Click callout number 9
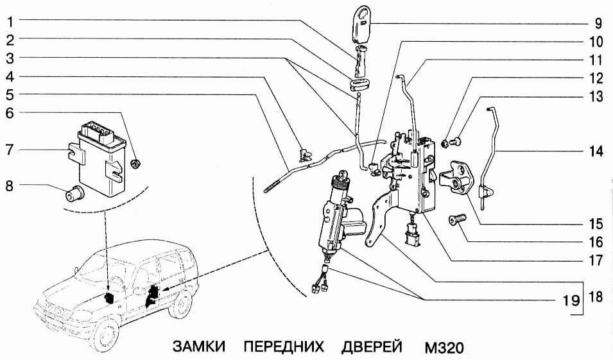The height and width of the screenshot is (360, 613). pyautogui.click(x=598, y=25)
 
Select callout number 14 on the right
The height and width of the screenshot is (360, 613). pyautogui.click(x=596, y=152)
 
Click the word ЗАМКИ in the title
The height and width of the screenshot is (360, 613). pyautogui.click(x=200, y=347)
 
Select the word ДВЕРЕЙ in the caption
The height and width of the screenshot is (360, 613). pyautogui.click(x=372, y=347)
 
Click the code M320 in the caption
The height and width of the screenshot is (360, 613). pyautogui.click(x=444, y=347)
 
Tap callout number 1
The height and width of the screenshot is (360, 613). pyautogui.click(x=9, y=21)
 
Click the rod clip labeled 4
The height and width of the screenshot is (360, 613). pyautogui.click(x=303, y=153)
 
